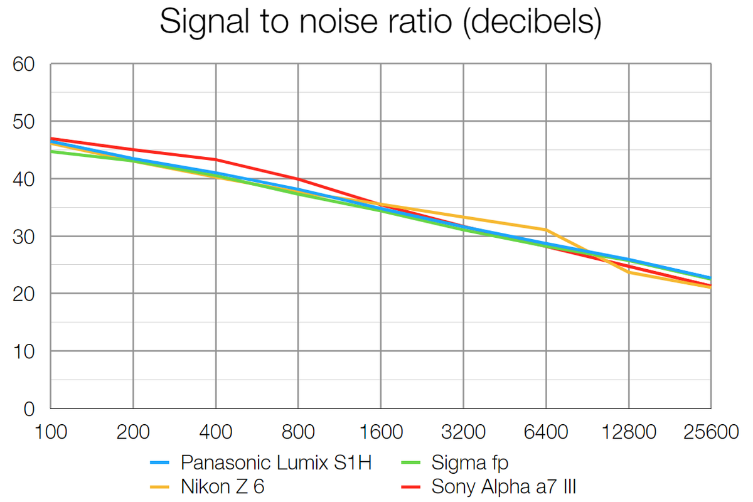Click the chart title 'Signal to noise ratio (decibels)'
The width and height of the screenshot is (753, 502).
point(380,23)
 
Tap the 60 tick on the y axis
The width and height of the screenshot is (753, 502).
point(26,64)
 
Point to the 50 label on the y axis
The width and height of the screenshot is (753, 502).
point(26,121)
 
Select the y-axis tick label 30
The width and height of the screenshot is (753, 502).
point(26,237)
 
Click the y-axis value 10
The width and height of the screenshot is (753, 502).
point(26,351)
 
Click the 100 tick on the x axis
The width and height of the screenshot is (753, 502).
point(51,432)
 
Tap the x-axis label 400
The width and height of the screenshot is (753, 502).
point(216,432)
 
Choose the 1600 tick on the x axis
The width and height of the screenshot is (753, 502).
point(381,432)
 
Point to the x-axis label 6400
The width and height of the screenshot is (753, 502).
point(546,432)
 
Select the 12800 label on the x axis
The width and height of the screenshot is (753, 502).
point(628,432)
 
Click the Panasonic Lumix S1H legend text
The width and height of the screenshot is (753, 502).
point(276,463)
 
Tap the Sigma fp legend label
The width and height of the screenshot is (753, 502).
point(470,463)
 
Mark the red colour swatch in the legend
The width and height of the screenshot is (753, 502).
point(412,486)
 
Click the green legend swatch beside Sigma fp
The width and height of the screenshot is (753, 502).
point(412,463)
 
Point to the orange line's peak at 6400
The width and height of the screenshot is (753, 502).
point(546,230)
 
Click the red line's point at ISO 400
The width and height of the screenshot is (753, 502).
point(216,159)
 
